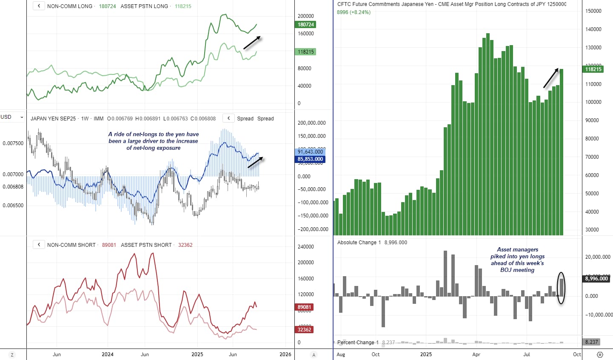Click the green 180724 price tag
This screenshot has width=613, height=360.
(x=306, y=25)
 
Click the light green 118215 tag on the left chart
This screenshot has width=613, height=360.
(x=306, y=52)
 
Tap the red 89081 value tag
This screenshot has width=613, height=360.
(x=304, y=307)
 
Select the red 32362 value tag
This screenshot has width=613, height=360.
(x=304, y=330)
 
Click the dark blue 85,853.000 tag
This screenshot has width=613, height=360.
(x=310, y=160)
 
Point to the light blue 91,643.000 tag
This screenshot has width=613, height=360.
(x=310, y=152)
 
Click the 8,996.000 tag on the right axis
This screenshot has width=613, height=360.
(x=596, y=279)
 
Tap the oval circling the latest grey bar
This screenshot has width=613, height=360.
(x=562, y=288)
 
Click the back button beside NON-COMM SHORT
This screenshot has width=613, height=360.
(x=39, y=245)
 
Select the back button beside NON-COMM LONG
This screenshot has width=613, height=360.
(x=39, y=6)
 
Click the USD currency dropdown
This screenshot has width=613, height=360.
(x=12, y=117)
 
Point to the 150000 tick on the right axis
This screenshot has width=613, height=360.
(x=593, y=11)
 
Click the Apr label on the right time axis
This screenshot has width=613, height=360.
(x=476, y=354)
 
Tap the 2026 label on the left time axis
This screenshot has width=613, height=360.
(x=285, y=354)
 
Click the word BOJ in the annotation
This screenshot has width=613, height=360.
(x=506, y=270)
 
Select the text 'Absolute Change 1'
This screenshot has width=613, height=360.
(x=357, y=243)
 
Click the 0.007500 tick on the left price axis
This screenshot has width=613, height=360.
(x=13, y=143)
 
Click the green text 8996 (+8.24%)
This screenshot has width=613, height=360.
(x=354, y=12)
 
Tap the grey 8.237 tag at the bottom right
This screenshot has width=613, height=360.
(x=591, y=342)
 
